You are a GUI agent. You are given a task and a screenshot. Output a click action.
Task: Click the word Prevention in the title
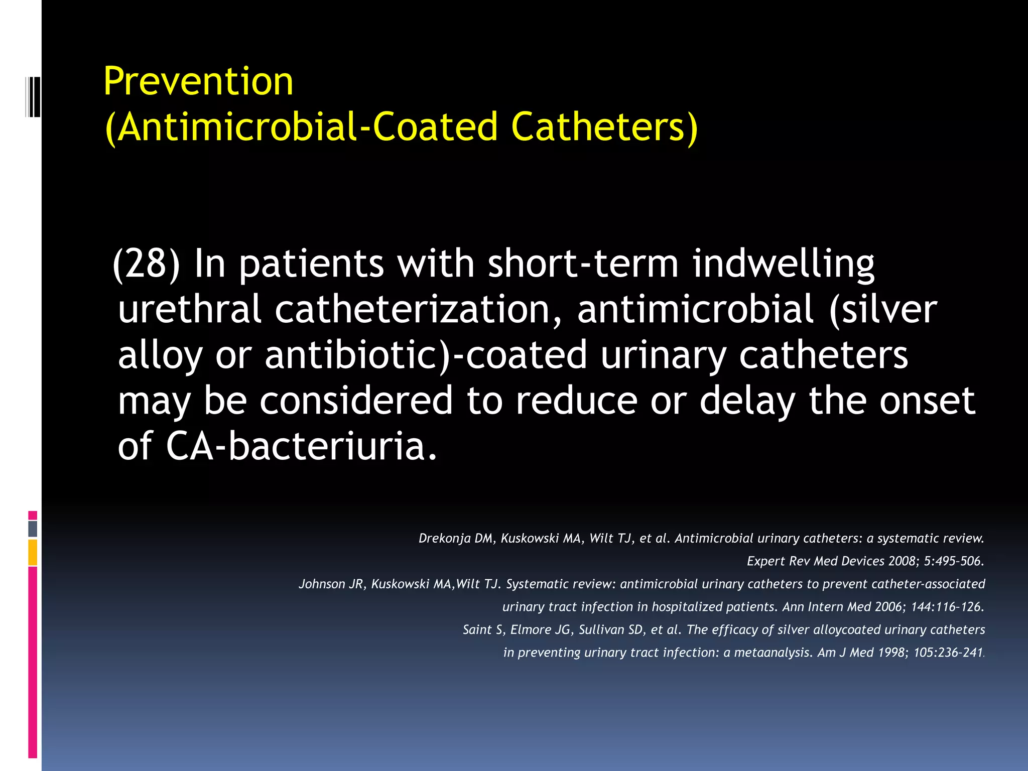[x=198, y=81]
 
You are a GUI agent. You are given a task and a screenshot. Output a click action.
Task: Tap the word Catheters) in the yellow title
[x=604, y=126]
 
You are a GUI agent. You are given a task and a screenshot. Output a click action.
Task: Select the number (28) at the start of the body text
[x=146, y=264]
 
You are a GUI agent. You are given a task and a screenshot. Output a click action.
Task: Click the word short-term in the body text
[x=583, y=264]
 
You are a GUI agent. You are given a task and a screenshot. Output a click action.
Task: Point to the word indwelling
[x=784, y=265]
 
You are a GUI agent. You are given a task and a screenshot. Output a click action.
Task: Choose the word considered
[x=356, y=401]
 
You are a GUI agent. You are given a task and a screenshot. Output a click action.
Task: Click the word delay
[x=747, y=402]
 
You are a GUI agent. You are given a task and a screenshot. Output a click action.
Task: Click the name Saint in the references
[x=477, y=629]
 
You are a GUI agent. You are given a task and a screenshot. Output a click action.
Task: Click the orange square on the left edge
[x=33, y=552]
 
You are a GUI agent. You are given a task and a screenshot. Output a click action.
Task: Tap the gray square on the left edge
[x=33, y=529]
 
